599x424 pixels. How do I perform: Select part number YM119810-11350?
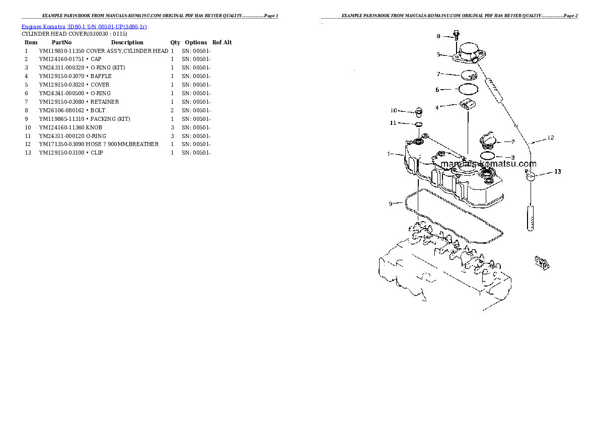point(62,51)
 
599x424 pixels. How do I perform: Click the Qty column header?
point(175,43)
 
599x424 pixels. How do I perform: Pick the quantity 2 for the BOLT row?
point(172,110)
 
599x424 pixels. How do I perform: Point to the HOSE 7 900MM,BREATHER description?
point(122,144)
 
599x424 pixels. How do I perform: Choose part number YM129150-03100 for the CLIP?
point(62,153)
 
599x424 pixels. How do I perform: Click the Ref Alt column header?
point(222,43)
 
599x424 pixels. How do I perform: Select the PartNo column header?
point(62,43)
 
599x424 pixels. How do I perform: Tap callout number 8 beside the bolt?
point(438,36)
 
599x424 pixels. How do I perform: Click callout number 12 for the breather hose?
point(551,137)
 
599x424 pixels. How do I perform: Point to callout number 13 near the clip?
point(557,172)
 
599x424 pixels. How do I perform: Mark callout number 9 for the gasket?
point(390,203)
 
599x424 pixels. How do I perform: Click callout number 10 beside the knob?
point(394,110)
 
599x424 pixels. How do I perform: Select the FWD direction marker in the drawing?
point(542,262)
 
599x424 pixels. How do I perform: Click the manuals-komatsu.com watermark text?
point(488,164)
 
